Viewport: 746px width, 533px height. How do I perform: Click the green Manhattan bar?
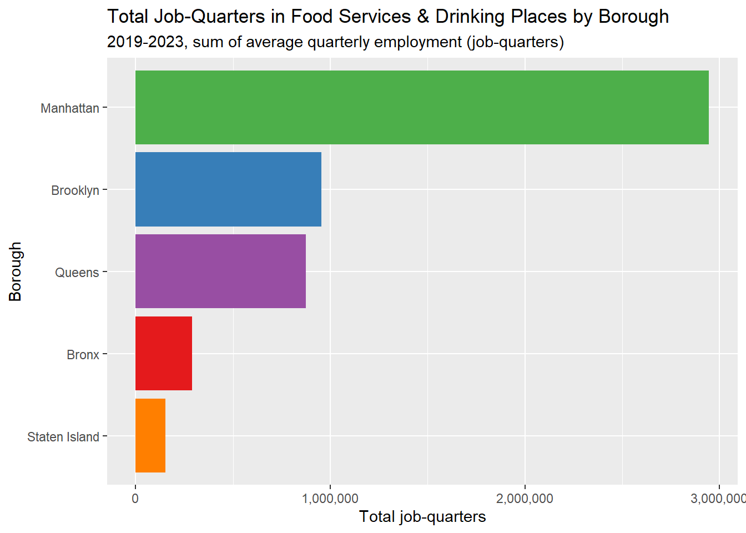422,107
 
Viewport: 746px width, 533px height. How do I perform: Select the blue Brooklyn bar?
228,189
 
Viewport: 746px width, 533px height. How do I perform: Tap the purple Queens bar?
220,271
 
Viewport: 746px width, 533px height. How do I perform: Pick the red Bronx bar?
164,354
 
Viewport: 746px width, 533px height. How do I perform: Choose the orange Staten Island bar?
150,436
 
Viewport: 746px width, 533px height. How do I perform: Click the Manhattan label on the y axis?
70,108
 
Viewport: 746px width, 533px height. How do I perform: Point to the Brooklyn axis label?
75,190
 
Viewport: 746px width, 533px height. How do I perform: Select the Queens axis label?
77,273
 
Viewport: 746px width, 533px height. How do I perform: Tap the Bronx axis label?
83,355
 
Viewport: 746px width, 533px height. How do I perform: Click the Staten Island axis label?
63,437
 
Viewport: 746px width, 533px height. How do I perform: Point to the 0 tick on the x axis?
135,499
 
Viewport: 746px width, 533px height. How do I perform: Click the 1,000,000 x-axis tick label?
330,499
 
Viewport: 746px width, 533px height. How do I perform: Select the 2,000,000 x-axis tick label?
525,499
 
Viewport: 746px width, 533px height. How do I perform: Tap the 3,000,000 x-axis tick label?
718,499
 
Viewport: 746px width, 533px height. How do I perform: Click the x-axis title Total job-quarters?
422,517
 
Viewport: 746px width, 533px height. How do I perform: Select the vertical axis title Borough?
16,271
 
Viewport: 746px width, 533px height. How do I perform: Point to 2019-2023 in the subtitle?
145,42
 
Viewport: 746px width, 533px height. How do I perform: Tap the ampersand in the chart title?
423,17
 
